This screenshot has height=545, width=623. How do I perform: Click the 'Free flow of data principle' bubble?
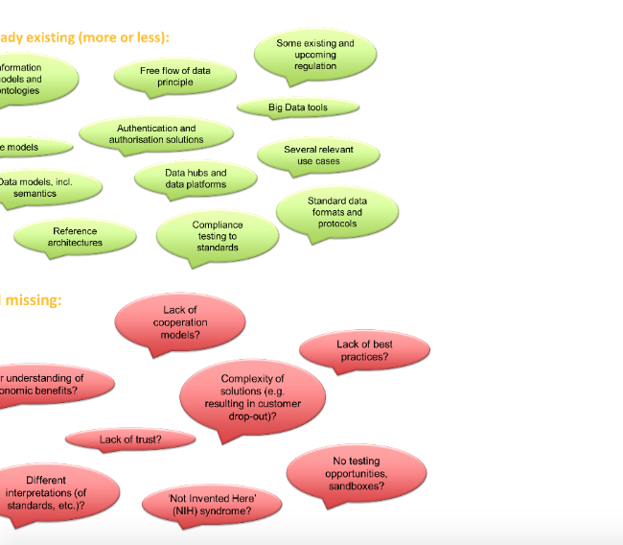(175, 77)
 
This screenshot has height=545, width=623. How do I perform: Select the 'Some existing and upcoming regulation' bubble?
(315, 55)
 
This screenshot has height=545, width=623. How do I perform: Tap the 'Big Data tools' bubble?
(298, 107)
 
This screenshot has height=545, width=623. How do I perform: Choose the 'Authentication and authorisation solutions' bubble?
(156, 133)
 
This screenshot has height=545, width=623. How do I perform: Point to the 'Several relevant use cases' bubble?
(318, 155)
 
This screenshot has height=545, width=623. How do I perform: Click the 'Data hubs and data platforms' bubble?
(196, 178)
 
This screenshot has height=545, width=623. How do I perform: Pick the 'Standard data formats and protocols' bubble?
(337, 212)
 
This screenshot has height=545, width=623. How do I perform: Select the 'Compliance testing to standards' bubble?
(218, 236)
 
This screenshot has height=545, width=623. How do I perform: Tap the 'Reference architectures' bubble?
(75, 236)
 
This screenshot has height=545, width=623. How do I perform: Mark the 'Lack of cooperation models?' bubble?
(180, 322)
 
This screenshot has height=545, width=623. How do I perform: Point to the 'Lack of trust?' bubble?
(130, 439)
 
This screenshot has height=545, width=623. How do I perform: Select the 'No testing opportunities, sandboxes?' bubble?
(356, 474)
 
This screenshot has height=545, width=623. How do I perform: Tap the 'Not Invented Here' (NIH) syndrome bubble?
(212, 505)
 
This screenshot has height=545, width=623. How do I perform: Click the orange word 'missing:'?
(35, 300)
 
